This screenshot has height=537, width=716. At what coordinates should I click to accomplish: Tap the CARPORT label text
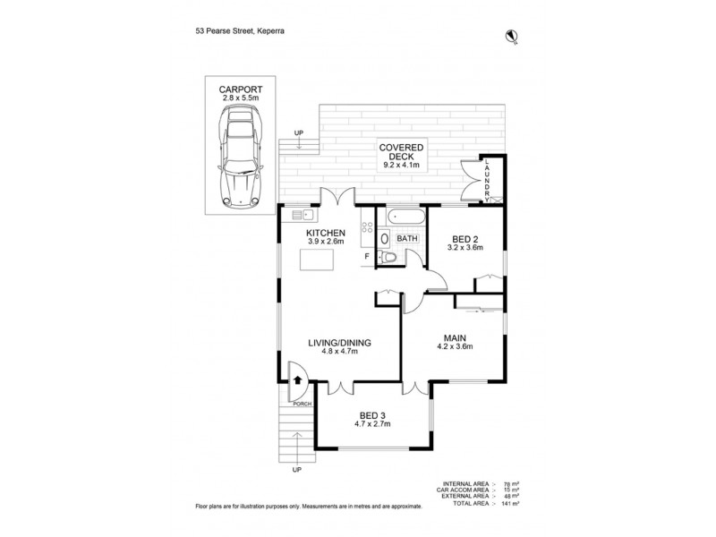point(237,89)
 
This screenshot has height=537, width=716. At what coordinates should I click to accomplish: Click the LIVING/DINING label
point(339,342)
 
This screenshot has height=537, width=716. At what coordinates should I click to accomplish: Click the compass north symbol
point(514,36)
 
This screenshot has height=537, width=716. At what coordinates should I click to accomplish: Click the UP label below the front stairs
point(296,468)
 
